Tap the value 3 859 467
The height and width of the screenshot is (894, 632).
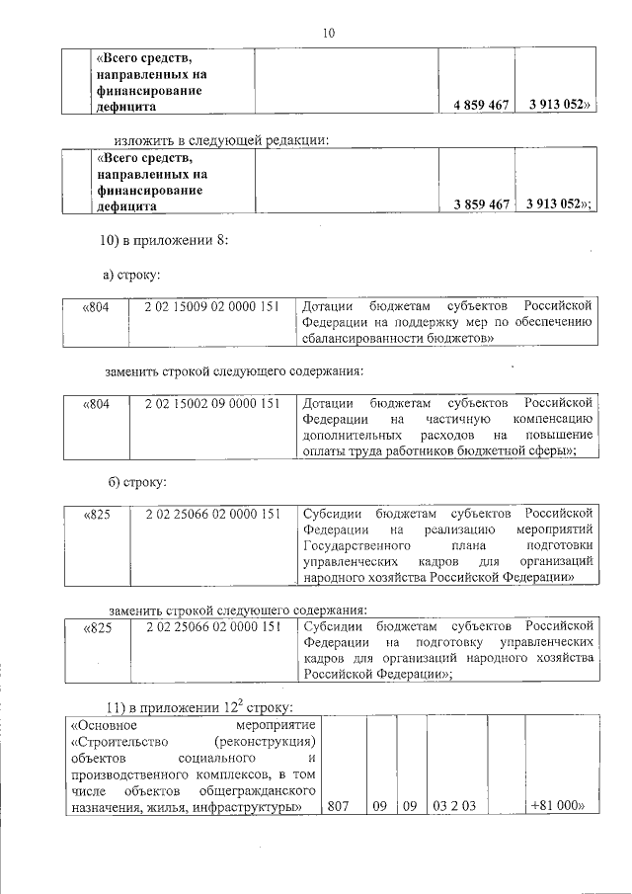click(x=481, y=203)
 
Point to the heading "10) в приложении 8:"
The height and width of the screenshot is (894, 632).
click(x=167, y=241)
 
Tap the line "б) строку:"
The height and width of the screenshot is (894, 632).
click(x=136, y=481)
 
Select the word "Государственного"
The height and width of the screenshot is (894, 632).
click(x=356, y=545)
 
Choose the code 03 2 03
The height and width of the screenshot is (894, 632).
click(x=454, y=806)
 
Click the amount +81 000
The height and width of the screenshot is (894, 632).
click(x=559, y=806)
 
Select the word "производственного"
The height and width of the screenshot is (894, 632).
click(x=121, y=773)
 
